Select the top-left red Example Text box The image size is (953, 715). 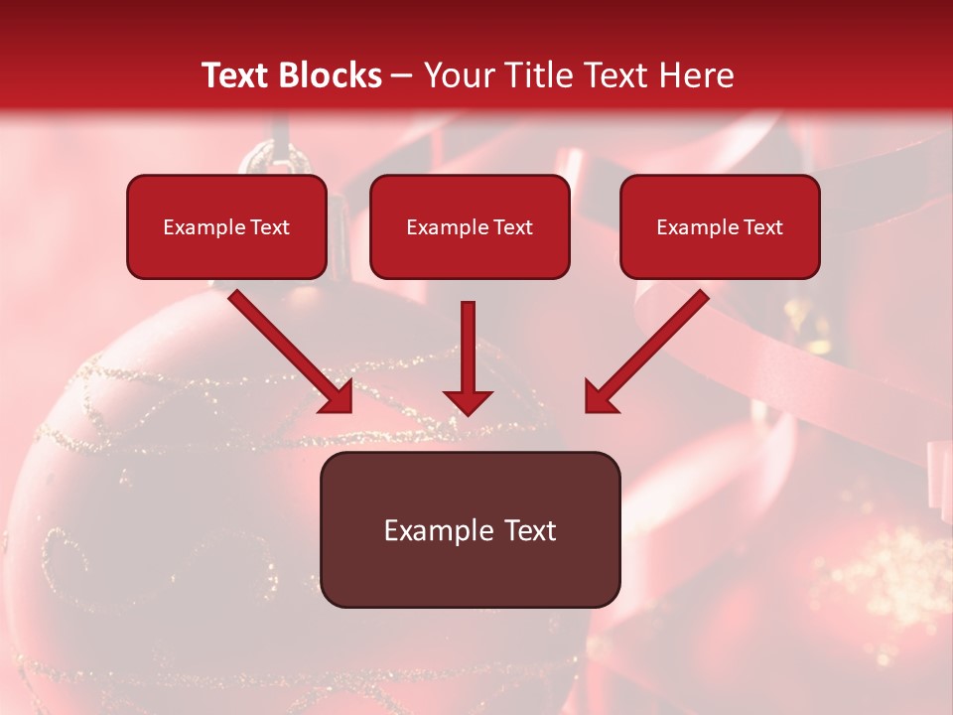pos(226,226)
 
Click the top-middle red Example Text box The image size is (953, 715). pos(470,226)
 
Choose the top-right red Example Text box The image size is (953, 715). pos(720,226)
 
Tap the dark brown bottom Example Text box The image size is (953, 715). pos(470,529)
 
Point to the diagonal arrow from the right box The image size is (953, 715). pos(650,348)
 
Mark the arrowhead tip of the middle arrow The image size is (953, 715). pos(468,412)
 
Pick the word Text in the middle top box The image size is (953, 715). pos(511,226)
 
